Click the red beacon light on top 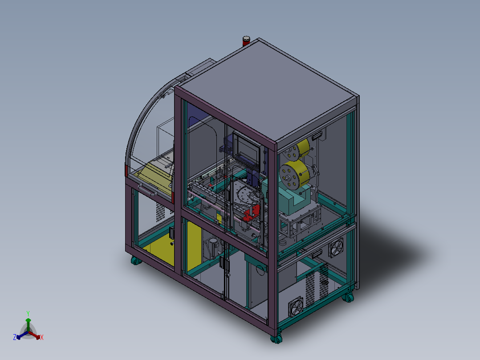pyautogui.click(x=246, y=41)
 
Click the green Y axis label pyautogui.click(x=28, y=313)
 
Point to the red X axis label pyautogui.click(x=42, y=337)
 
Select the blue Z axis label pyautogui.click(x=15, y=337)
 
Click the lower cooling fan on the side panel pyautogui.click(x=296, y=307)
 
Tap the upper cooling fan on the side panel pyautogui.click(x=336, y=248)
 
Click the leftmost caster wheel pyautogui.click(x=136, y=261)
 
